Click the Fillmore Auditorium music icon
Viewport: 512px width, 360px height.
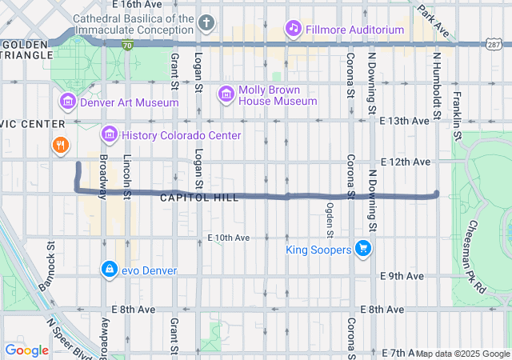[294, 29]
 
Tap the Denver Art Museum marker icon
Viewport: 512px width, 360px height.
[67, 102]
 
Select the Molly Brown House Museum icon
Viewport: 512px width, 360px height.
[226, 94]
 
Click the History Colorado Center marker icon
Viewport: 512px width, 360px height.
[109, 134]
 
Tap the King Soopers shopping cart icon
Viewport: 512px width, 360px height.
[363, 250]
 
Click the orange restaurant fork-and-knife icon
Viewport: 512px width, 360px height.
[59, 146]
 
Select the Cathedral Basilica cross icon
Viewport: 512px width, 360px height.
[206, 22]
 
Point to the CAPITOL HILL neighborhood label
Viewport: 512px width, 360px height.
[199, 198]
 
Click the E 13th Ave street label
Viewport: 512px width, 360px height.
[405, 121]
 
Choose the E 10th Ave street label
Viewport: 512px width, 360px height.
[229, 238]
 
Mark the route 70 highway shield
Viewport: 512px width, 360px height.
[128, 46]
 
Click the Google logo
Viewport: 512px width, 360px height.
[26, 350]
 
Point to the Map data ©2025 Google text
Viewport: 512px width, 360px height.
[462, 354]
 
